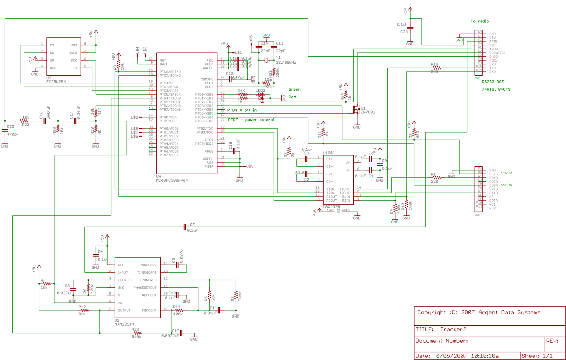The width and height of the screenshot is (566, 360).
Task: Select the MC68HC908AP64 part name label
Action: (x=172, y=181)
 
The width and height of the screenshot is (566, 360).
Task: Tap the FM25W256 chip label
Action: (x=56, y=82)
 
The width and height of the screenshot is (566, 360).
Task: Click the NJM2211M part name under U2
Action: (x=124, y=324)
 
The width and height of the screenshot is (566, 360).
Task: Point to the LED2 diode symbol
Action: (x=261, y=96)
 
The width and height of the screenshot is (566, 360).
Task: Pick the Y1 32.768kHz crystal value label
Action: (x=286, y=63)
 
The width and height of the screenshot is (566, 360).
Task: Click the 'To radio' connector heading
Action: (x=479, y=21)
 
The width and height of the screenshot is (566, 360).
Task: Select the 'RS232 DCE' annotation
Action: (x=492, y=82)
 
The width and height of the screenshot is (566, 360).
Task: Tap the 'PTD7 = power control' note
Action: (x=251, y=120)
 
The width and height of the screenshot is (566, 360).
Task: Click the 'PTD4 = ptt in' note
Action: (x=242, y=110)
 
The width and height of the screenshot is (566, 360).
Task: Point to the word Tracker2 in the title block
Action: (x=453, y=330)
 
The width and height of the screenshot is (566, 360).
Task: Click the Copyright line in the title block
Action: (x=479, y=313)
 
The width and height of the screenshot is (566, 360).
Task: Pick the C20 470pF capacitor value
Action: (x=13, y=135)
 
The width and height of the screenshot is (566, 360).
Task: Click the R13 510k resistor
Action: (x=137, y=333)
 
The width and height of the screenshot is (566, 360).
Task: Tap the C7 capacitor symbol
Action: (x=185, y=227)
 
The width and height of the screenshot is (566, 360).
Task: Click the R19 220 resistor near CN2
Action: (x=437, y=68)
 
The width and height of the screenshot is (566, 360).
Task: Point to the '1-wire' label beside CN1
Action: (x=506, y=173)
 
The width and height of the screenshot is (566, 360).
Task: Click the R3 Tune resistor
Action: (x=236, y=296)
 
